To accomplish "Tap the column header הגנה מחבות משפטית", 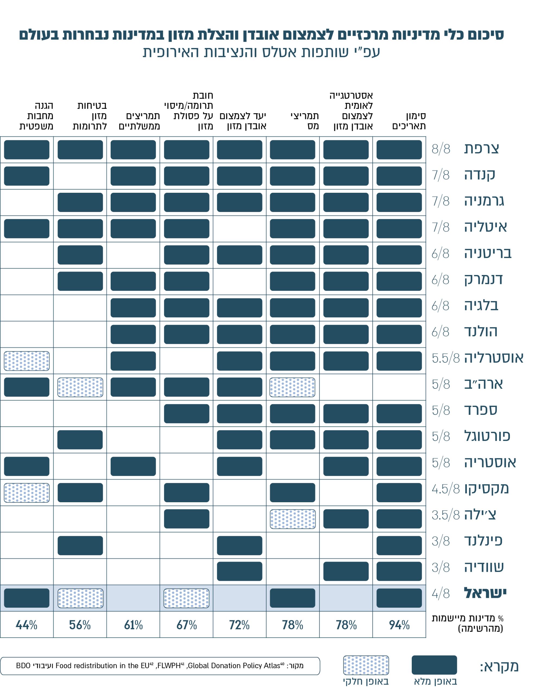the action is [x=36, y=116].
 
